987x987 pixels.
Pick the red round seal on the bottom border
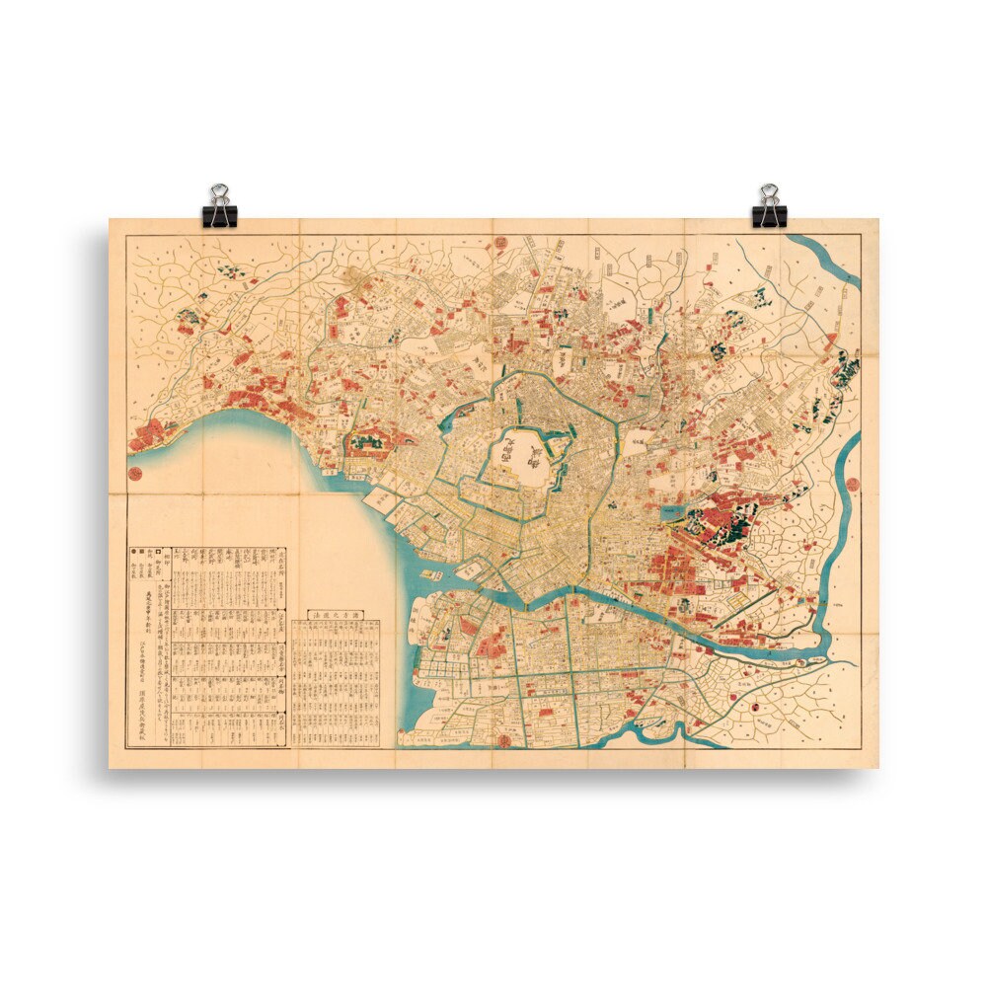[x=503, y=736]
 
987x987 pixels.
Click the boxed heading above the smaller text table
[x=339, y=615]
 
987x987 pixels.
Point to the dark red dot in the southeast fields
[x=758, y=707]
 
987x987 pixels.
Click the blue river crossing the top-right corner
[x=829, y=259]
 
